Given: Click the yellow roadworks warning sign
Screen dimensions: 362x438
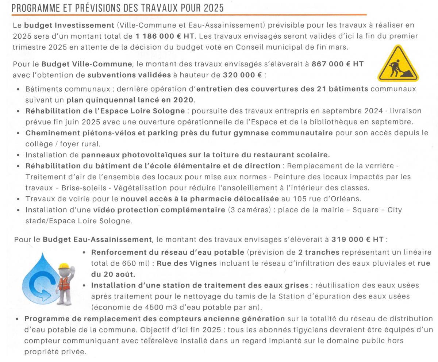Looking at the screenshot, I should (x=398, y=64).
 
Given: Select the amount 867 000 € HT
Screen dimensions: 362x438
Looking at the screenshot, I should (x=337, y=64).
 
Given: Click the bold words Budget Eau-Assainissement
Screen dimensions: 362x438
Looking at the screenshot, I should (x=97, y=240).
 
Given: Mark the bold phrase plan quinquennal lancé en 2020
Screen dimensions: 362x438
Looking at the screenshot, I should (x=130, y=100).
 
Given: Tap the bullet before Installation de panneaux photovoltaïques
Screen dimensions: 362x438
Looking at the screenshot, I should (x=18, y=155).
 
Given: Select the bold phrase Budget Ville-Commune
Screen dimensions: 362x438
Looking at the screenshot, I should (x=87, y=64).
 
